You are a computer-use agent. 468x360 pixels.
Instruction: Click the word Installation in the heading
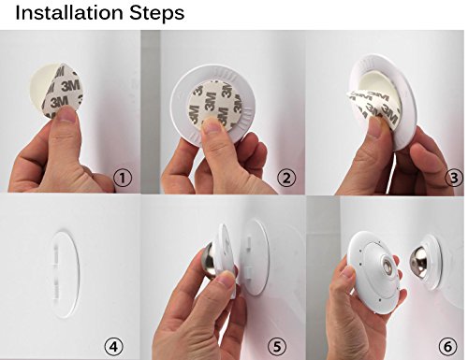(x=69, y=13)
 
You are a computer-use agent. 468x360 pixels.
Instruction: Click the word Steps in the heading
(x=156, y=14)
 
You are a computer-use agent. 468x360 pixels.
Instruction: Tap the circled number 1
(x=123, y=178)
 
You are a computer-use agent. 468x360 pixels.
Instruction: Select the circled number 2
(x=286, y=178)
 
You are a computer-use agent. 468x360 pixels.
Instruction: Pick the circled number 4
(x=113, y=346)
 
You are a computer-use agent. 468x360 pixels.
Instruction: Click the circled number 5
(x=277, y=346)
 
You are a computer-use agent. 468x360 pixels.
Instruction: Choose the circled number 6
(x=447, y=346)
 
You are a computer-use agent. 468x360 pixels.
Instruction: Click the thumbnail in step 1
(x=66, y=115)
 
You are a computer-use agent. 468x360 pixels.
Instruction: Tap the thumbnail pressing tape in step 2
(x=212, y=126)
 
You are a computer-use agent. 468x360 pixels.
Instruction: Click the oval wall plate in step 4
(x=65, y=274)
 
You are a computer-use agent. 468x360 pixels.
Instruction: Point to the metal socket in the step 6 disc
(x=389, y=265)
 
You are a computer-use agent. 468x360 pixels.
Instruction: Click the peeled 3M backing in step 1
(x=63, y=91)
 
